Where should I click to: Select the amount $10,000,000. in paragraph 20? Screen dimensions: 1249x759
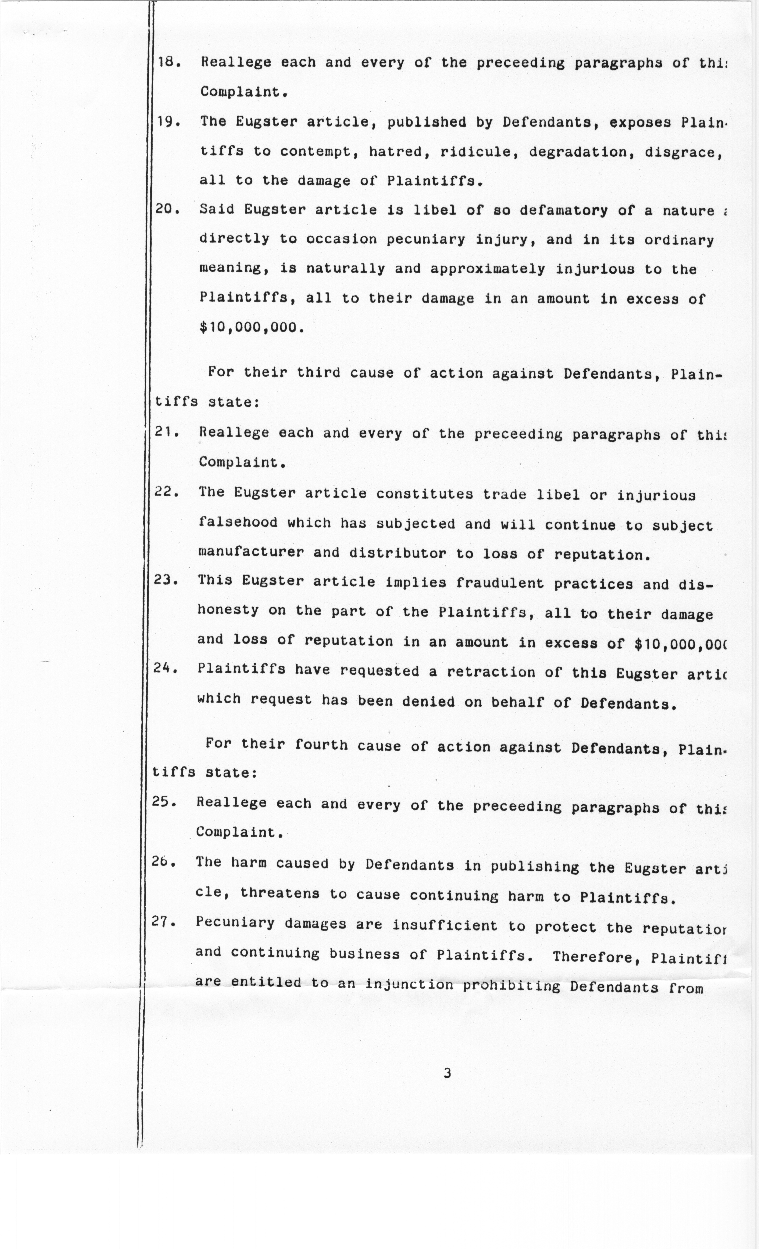tap(252, 327)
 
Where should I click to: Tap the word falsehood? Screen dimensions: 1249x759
tap(238, 522)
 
